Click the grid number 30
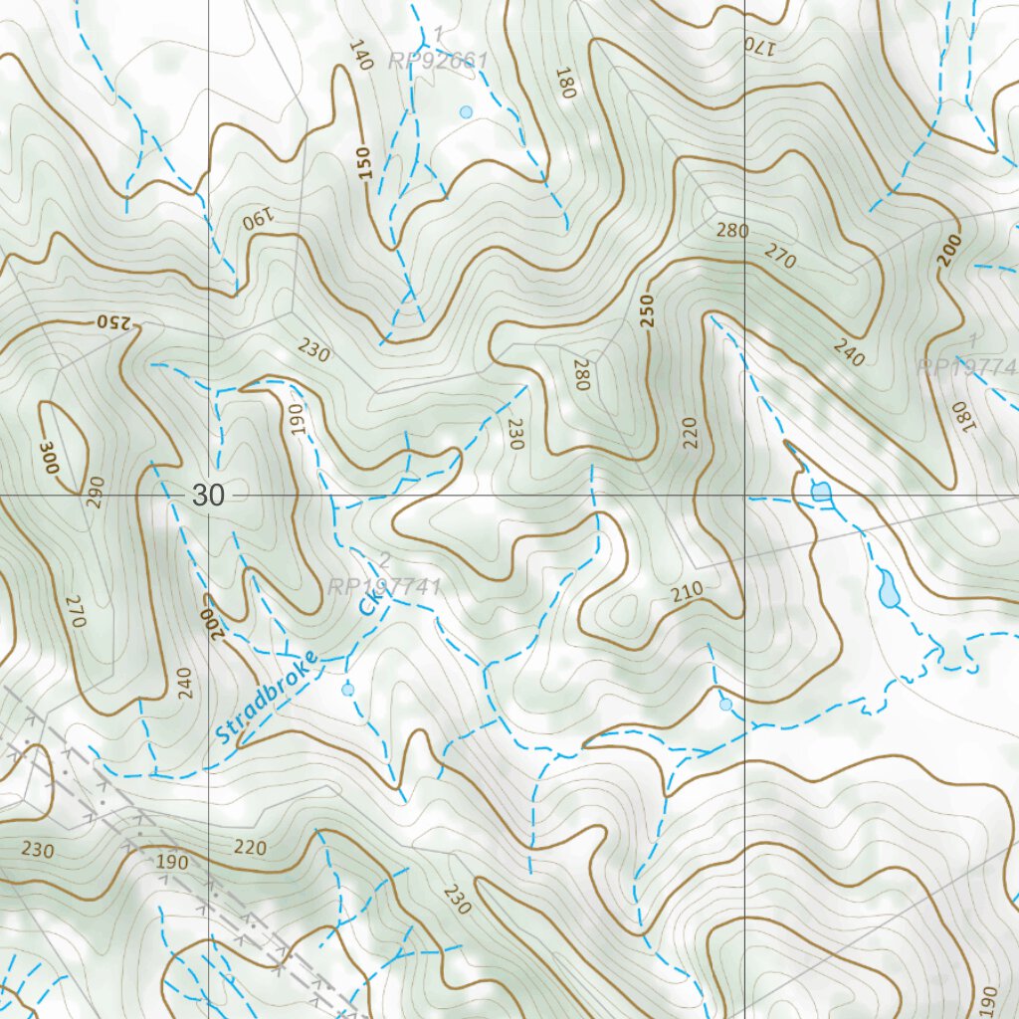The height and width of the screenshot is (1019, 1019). (x=209, y=496)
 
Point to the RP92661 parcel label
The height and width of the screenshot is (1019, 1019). (x=438, y=62)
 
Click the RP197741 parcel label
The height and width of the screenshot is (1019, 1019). (x=384, y=587)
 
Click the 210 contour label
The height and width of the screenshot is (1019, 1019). (x=687, y=589)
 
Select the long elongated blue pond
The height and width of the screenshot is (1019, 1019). (x=888, y=589)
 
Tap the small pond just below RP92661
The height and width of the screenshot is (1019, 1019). (x=466, y=111)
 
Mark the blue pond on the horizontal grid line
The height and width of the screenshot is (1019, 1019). (x=821, y=491)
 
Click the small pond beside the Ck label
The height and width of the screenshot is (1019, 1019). (x=347, y=689)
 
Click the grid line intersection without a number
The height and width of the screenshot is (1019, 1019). (x=745, y=496)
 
